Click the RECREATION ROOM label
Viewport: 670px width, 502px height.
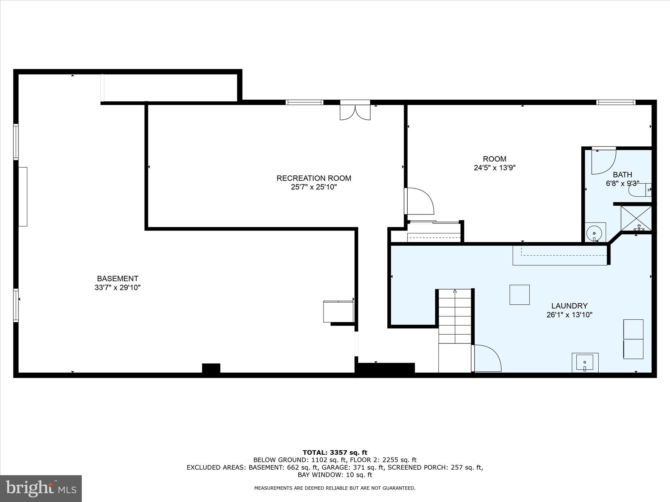coord(314,178)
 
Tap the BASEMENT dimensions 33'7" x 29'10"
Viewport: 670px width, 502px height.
coord(117,288)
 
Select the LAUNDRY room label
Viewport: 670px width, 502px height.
coord(569,306)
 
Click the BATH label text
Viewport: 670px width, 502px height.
coord(622,175)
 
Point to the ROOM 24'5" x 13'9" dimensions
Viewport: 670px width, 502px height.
coord(495,168)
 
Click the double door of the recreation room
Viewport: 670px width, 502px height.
coord(355,111)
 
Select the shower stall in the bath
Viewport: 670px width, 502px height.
coord(636,218)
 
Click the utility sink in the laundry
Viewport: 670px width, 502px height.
coord(585,362)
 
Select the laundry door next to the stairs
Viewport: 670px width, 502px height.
coord(486,359)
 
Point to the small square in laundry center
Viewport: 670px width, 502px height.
coord(520,294)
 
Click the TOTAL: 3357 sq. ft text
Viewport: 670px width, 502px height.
coord(335,452)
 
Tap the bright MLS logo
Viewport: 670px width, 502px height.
coord(41,488)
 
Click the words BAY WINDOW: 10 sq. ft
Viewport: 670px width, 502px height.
coord(335,475)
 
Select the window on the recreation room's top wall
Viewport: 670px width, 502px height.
coord(304,102)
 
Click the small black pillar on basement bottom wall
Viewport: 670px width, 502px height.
coord(211,368)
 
